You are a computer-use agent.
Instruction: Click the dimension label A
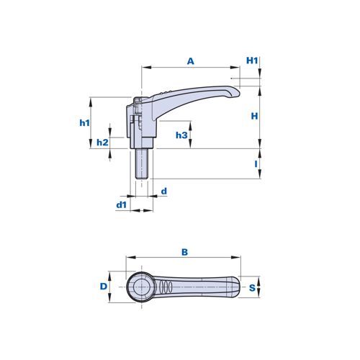(191, 61)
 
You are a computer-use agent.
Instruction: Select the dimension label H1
(252, 60)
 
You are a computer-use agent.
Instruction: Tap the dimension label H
(254, 116)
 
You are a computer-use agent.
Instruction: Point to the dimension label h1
(84, 123)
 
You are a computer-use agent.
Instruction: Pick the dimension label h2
(102, 143)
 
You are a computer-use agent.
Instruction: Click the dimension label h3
(181, 135)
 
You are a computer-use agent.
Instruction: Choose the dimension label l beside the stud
(256, 164)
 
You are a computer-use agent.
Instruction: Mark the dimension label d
(164, 192)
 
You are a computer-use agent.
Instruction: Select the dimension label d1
(122, 205)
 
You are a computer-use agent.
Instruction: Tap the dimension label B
(184, 252)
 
